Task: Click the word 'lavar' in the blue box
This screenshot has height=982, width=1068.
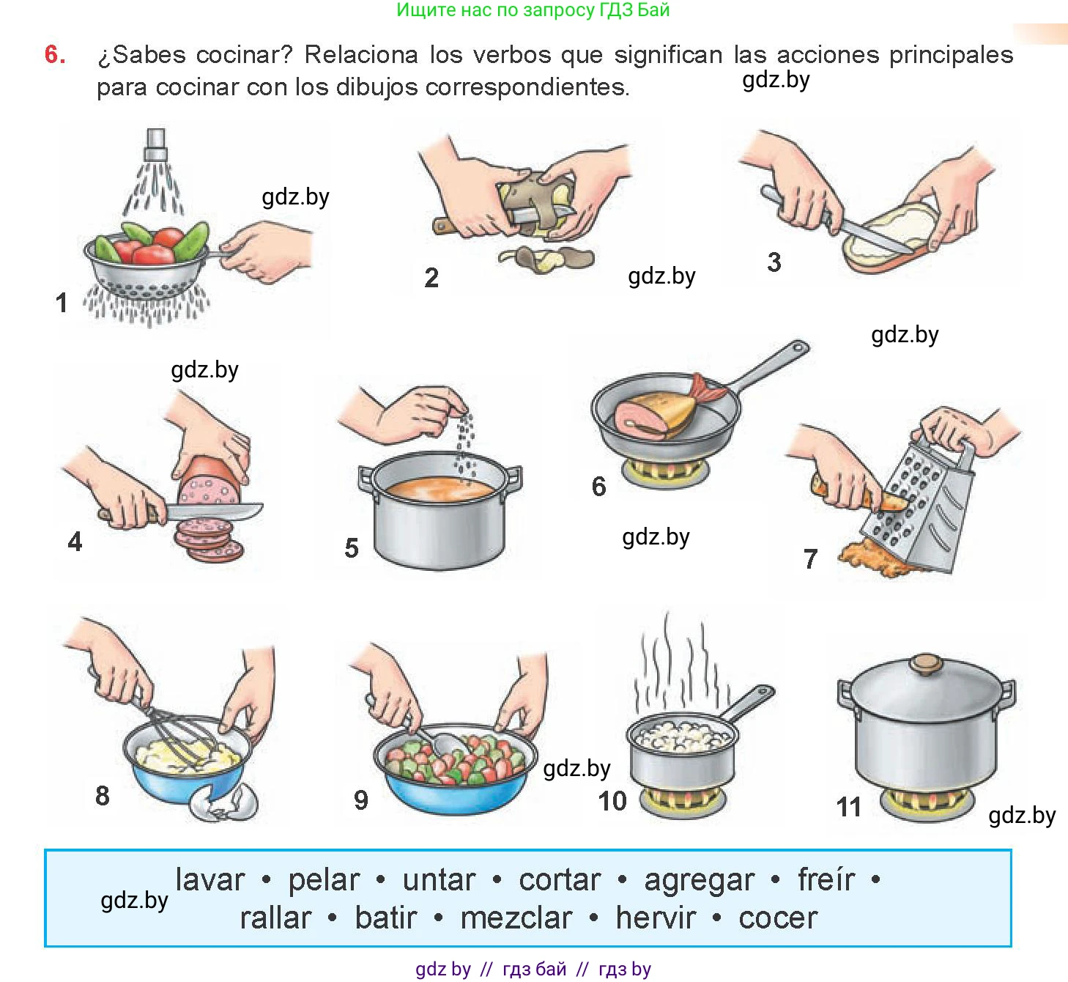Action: pyautogui.click(x=209, y=879)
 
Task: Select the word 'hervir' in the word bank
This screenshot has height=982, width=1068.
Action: pyautogui.click(x=656, y=918)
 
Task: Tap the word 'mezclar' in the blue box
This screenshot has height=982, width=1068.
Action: pyautogui.click(x=516, y=918)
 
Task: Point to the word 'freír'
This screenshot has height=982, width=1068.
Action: pyautogui.click(x=826, y=879)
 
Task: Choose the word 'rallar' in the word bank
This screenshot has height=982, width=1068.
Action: pyautogui.click(x=275, y=918)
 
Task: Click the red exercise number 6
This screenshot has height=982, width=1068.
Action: pyautogui.click(x=55, y=54)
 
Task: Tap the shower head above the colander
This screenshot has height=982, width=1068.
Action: pyautogui.click(x=156, y=144)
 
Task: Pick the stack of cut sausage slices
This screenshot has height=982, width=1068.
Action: pyautogui.click(x=208, y=540)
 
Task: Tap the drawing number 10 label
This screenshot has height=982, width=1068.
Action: pyautogui.click(x=612, y=801)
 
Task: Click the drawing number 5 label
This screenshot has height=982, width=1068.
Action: pyautogui.click(x=352, y=547)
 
